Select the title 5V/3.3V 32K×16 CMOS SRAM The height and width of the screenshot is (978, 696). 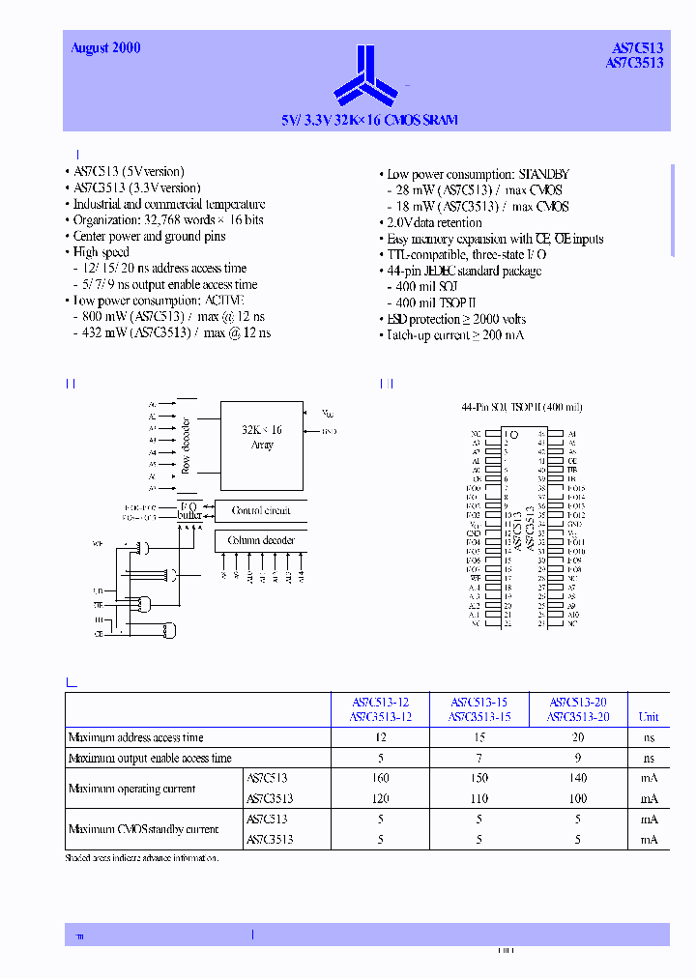(x=369, y=121)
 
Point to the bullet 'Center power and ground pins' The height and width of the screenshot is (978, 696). (x=149, y=236)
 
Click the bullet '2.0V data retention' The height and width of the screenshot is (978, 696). (x=434, y=223)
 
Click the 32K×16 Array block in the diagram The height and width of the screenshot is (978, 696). (x=262, y=437)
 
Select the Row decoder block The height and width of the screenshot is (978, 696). (x=186, y=446)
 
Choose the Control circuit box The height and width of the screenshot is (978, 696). (x=261, y=510)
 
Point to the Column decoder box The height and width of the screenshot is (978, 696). (x=261, y=540)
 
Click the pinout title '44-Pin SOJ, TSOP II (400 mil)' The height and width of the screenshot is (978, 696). (x=522, y=408)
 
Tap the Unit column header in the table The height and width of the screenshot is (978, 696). (x=649, y=717)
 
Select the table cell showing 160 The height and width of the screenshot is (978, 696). (x=381, y=778)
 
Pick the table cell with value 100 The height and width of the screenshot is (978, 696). (x=578, y=799)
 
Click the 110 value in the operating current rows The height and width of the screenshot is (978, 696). (x=479, y=799)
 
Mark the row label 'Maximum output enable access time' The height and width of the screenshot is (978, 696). (x=150, y=759)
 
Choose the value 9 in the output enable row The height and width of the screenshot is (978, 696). (x=578, y=759)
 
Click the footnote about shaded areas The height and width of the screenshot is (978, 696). (x=141, y=858)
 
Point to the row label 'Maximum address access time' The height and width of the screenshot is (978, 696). (x=136, y=737)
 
